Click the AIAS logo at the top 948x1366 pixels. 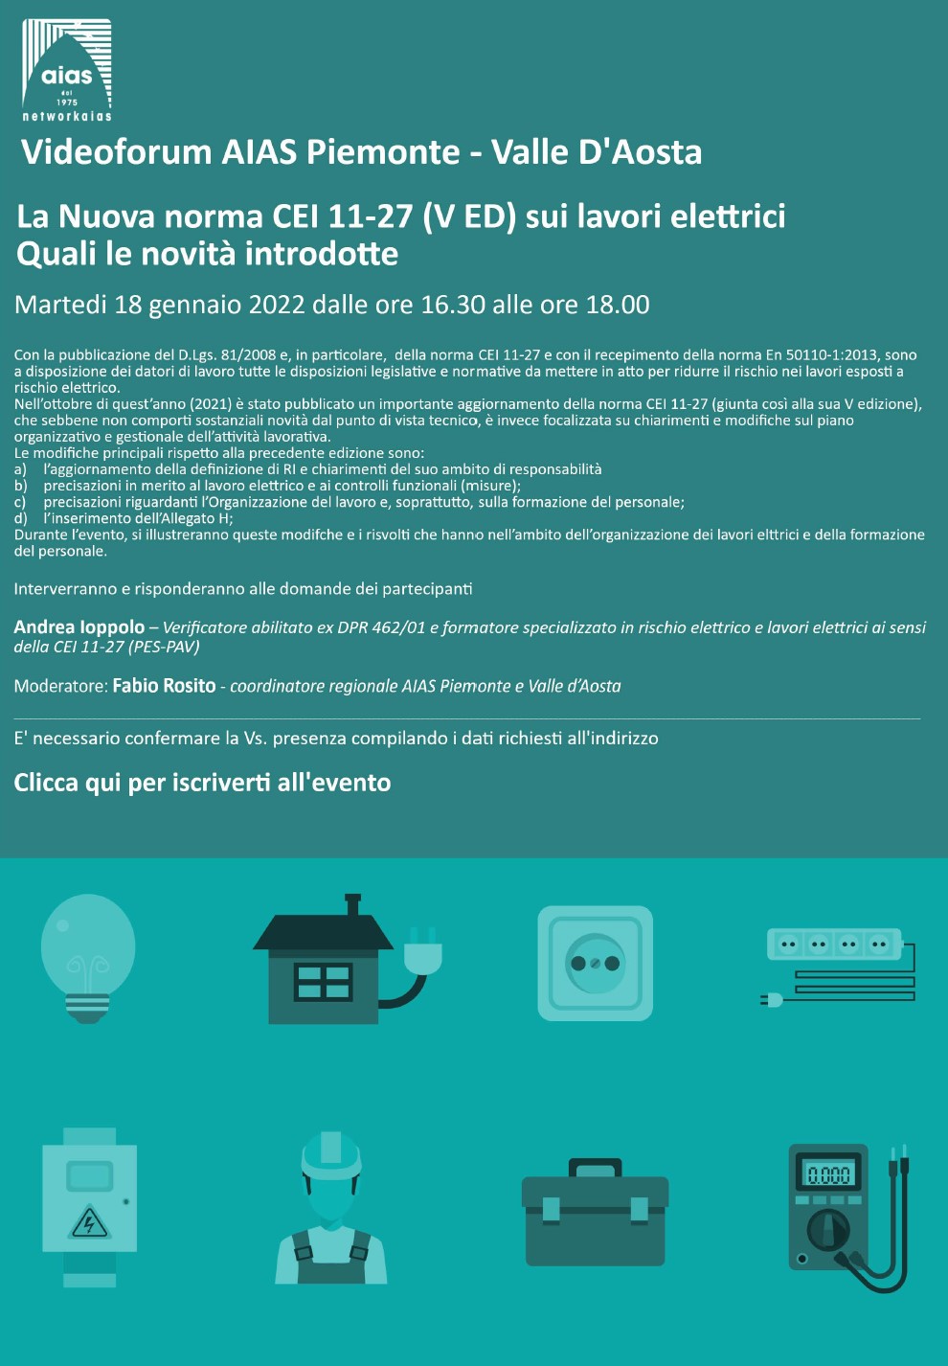point(67,69)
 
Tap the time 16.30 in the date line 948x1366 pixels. point(453,305)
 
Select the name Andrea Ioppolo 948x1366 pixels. point(79,627)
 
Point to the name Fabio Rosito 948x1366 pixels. point(164,686)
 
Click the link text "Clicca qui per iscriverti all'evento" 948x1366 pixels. point(202,783)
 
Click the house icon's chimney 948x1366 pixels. point(352,904)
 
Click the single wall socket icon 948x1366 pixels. point(595,963)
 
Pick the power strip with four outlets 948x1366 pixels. point(833,945)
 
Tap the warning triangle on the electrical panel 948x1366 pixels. point(90,1221)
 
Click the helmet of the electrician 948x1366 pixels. point(330,1153)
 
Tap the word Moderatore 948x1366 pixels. point(59,686)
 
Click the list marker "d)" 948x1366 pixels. point(20,518)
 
